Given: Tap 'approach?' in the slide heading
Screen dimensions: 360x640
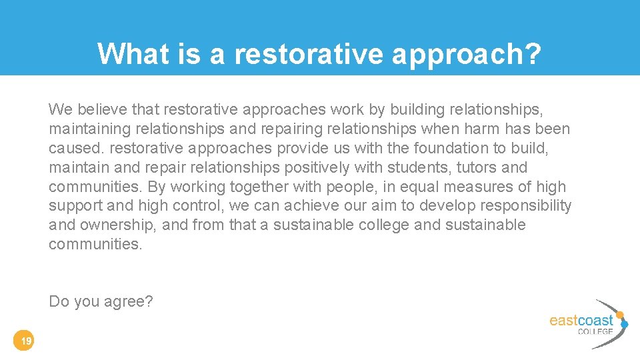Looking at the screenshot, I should (x=467, y=53).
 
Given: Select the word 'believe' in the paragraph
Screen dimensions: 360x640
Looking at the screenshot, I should (x=98, y=109).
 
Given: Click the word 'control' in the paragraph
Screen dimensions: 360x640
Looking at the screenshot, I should (x=197, y=205).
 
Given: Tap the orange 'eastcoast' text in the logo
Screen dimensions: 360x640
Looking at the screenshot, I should (x=581, y=321).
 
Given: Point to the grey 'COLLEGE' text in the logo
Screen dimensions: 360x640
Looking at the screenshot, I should (x=595, y=331).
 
